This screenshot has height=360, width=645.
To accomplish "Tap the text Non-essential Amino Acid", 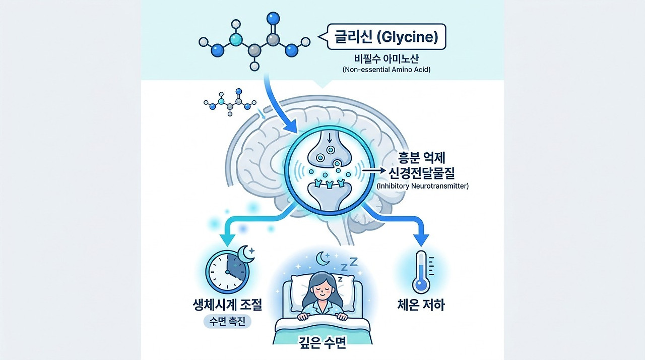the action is click(386, 70).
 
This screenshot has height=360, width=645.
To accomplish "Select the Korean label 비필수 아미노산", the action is click(386, 58).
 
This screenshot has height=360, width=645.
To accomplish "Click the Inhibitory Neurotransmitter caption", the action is click(423, 186).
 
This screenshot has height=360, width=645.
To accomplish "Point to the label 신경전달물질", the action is click(422, 173).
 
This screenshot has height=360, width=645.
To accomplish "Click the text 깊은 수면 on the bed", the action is click(322, 343).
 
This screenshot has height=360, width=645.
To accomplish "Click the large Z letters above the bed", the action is click(349, 265).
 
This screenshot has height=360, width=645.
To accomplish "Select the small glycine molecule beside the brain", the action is click(230, 102).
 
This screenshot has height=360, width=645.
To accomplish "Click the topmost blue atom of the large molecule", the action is click(273, 18).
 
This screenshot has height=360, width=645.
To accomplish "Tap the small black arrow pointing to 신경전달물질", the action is click(373, 170).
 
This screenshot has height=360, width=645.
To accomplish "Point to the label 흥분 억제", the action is click(422, 158).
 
